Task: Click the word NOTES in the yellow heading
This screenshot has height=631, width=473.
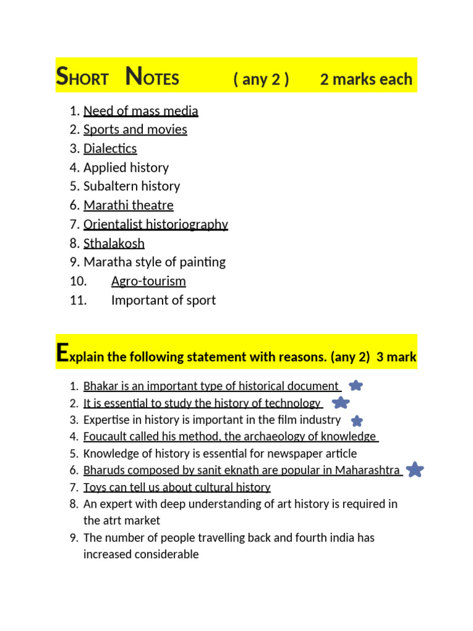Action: (152, 78)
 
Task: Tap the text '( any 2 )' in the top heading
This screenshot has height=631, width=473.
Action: (261, 79)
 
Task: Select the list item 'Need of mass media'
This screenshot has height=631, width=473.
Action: (140, 111)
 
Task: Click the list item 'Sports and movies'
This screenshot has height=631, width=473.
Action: (135, 129)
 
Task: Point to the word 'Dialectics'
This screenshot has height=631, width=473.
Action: (110, 149)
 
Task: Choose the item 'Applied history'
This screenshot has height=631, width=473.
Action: (126, 168)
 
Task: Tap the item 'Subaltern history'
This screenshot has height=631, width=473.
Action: (132, 186)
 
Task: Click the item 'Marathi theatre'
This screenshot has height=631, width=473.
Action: (128, 205)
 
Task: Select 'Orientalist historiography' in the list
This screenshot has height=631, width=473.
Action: (156, 224)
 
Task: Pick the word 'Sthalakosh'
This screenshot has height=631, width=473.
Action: (114, 243)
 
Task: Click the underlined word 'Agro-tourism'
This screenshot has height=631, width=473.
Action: (148, 281)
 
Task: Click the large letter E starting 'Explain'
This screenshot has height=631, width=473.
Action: (62, 353)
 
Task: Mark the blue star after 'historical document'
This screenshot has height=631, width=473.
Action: (355, 386)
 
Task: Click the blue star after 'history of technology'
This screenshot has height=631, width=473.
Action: (341, 403)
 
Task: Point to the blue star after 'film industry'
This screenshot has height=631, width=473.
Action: (357, 421)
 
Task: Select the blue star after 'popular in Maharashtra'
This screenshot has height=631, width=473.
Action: (416, 470)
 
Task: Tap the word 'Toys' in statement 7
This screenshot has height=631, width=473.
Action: (95, 487)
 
